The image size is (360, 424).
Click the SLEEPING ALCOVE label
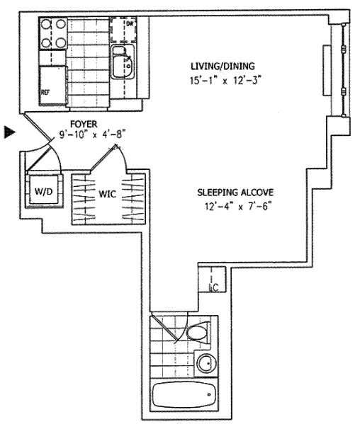pyautogui.click(x=235, y=193)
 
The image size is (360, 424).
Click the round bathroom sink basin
pyautogui.click(x=206, y=365)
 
